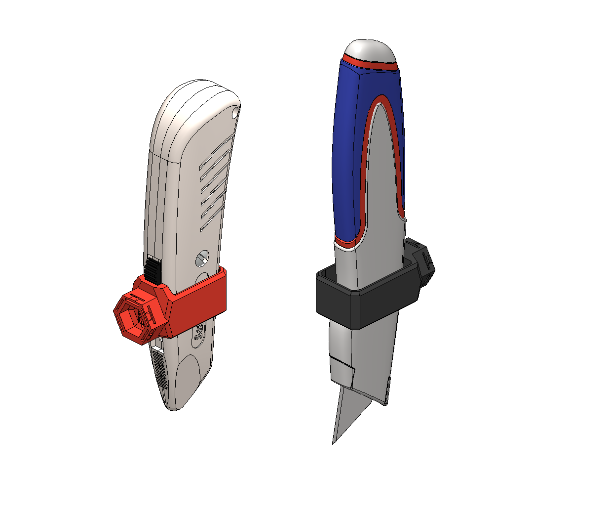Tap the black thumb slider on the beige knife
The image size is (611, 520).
click(x=153, y=269)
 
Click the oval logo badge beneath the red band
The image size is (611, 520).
click(x=199, y=334)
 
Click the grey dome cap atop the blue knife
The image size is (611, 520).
click(x=370, y=49)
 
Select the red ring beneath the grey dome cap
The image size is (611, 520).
click(x=370, y=63)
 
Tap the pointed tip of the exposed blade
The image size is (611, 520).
click(x=334, y=441)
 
